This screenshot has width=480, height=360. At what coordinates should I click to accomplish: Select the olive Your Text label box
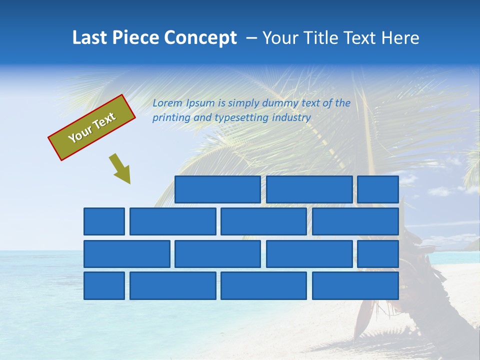pos(92,127)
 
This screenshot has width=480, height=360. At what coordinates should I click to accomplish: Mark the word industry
pos(291,118)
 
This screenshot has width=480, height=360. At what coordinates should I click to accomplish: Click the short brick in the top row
pos(378,189)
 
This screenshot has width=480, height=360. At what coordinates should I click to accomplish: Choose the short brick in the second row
pos(104,221)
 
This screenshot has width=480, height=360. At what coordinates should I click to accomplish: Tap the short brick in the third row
pos(378,254)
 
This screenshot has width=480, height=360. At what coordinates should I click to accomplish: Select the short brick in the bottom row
pos(104,286)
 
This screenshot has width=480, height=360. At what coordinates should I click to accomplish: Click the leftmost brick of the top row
pos(217,189)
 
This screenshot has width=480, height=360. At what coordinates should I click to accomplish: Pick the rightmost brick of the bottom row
pos(355,286)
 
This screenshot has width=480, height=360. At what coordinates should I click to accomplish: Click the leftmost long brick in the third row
pos(127,254)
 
